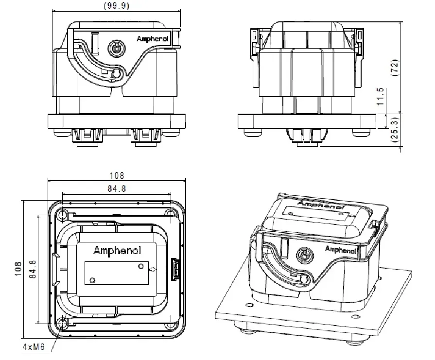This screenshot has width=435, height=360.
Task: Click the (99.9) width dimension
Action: pos(117,5)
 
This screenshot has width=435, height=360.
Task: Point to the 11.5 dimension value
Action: pos(381,96)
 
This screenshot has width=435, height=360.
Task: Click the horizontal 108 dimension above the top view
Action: pos(117,175)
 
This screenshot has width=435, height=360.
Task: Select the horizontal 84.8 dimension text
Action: pos(117,188)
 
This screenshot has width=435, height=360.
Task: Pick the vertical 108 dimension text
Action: pos(18,270)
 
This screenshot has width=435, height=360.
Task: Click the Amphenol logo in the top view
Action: pos(117,251)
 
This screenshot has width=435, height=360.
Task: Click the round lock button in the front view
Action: pos(116,48)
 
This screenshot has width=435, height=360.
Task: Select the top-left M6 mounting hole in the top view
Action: pos(62,214)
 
